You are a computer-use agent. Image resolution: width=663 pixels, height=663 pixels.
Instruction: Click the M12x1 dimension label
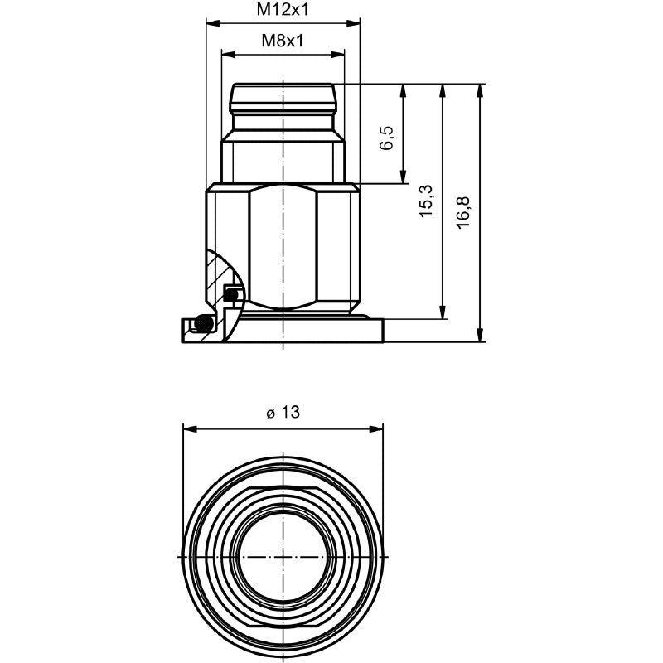click(x=283, y=10)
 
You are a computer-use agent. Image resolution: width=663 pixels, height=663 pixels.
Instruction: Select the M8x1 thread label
click(x=283, y=40)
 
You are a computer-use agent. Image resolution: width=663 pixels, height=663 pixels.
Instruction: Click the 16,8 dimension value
click(x=463, y=212)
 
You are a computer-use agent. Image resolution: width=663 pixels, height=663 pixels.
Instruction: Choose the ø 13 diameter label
click(x=283, y=413)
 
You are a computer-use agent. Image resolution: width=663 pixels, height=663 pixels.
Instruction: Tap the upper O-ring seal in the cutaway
click(x=234, y=293)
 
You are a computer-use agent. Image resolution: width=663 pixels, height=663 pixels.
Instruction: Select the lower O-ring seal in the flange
click(x=200, y=323)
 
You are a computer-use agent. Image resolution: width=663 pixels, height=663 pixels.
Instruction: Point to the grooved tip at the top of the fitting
click(x=283, y=99)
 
